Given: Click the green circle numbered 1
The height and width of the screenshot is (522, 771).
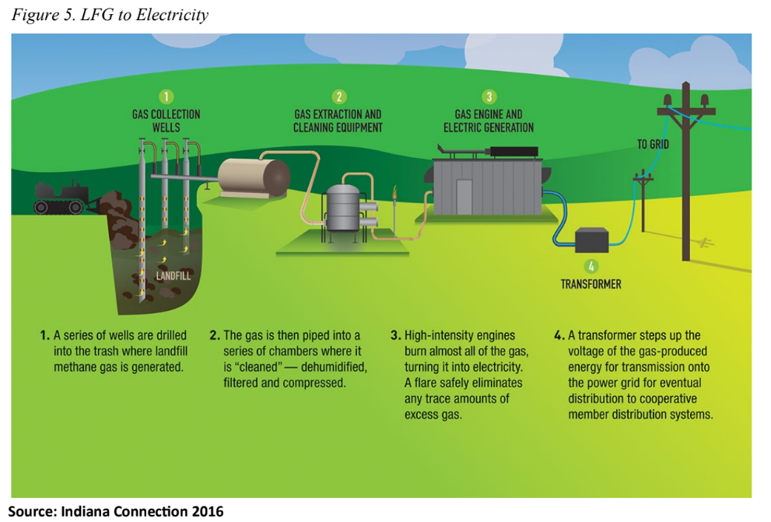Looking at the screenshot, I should pyautogui.click(x=165, y=96).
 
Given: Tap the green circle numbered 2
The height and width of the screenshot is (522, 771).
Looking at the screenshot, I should pyautogui.click(x=338, y=96).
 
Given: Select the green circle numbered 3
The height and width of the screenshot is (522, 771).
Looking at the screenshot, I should pyautogui.click(x=489, y=96).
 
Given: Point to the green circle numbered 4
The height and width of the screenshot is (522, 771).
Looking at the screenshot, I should pyautogui.click(x=592, y=265).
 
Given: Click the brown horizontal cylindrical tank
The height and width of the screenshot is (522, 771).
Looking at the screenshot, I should pyautogui.click(x=254, y=177).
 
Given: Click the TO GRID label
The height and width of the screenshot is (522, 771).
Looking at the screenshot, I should pyautogui.click(x=652, y=144).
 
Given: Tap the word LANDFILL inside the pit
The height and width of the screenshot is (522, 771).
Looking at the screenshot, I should pyautogui.click(x=173, y=275).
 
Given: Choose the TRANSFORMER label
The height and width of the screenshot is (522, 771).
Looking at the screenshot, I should pyautogui.click(x=591, y=284).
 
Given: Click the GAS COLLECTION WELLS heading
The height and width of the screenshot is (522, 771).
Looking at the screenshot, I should pyautogui.click(x=165, y=121).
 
